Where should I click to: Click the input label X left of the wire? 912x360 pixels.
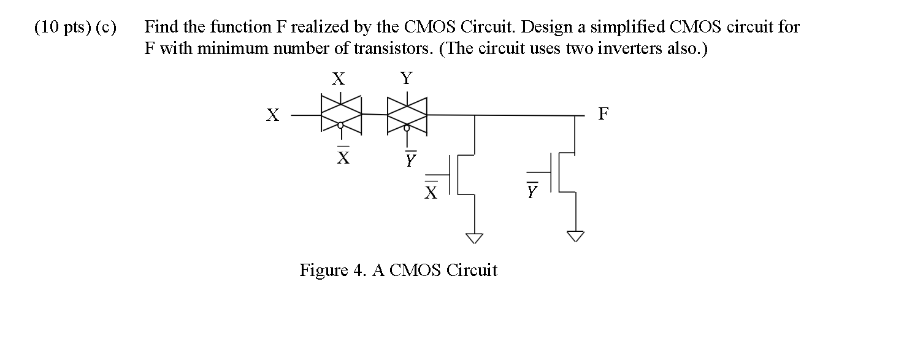[x=272, y=115]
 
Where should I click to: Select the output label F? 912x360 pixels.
[x=604, y=114]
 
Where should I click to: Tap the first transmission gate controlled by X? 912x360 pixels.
[x=340, y=114]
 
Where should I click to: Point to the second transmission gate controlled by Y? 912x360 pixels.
[x=407, y=114]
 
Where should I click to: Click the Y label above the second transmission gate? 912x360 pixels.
[x=406, y=79]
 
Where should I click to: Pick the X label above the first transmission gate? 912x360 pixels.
[x=338, y=79]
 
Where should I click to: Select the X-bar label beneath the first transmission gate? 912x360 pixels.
[x=344, y=157]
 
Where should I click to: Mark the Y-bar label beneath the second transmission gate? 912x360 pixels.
[x=410, y=159]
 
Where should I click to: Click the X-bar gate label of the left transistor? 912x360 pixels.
[x=432, y=191]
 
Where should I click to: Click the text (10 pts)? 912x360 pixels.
[x=61, y=28]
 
